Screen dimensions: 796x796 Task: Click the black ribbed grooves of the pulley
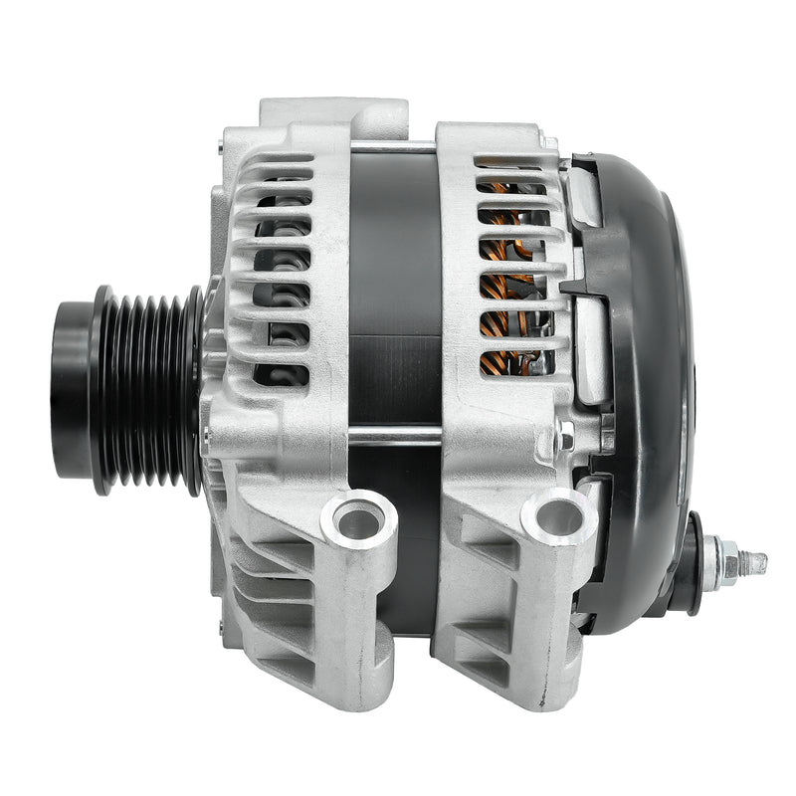(x=149, y=388)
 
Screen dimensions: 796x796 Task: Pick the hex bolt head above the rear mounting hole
(x=566, y=438)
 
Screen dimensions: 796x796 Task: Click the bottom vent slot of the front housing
(x=282, y=374)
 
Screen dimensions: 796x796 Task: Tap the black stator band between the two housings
(x=395, y=298)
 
